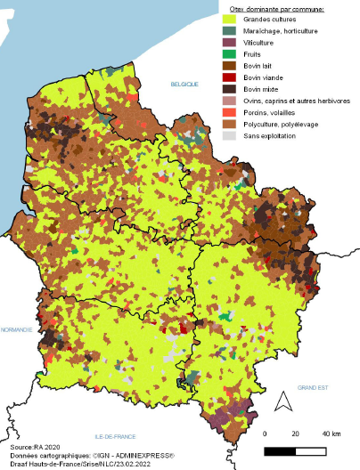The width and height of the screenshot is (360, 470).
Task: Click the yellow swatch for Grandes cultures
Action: pos(229,19)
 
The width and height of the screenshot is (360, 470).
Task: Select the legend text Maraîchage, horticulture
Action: pos(277,30)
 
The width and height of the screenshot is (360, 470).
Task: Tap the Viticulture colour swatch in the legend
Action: pos(229,42)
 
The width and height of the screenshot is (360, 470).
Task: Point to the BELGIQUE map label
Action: pos(184,83)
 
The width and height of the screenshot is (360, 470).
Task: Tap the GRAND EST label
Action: pos(314,387)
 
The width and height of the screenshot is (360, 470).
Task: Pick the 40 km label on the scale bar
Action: pos(331,434)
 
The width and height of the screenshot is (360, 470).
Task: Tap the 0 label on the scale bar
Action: pos(266,434)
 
